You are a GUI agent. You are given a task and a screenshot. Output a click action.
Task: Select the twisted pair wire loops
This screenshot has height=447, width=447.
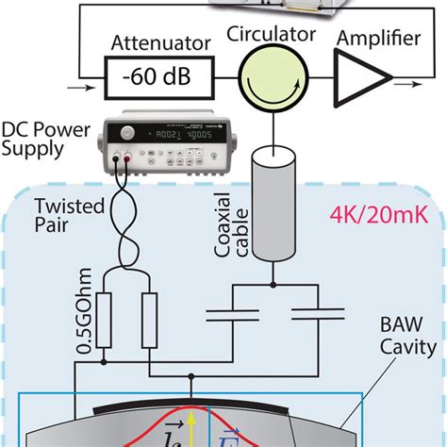click(x=128, y=219)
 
